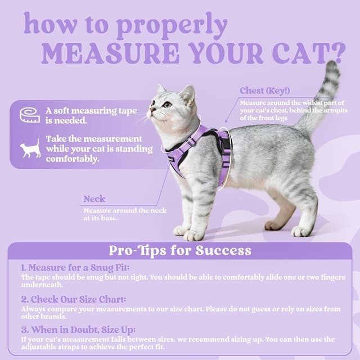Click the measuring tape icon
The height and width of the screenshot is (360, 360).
coord(30,115)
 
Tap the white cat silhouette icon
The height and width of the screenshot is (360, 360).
coord(30,148)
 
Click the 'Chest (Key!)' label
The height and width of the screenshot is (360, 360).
coord(264,91)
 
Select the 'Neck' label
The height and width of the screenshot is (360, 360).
coord(94,199)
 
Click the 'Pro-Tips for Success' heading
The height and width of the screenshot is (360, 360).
coord(180,250)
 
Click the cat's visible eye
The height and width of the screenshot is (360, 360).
coord(167,104)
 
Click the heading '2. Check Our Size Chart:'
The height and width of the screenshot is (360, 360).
coord(73,299)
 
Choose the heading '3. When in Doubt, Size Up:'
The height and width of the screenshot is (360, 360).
coord(78,330)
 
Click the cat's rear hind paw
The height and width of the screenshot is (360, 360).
coord(301,231)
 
